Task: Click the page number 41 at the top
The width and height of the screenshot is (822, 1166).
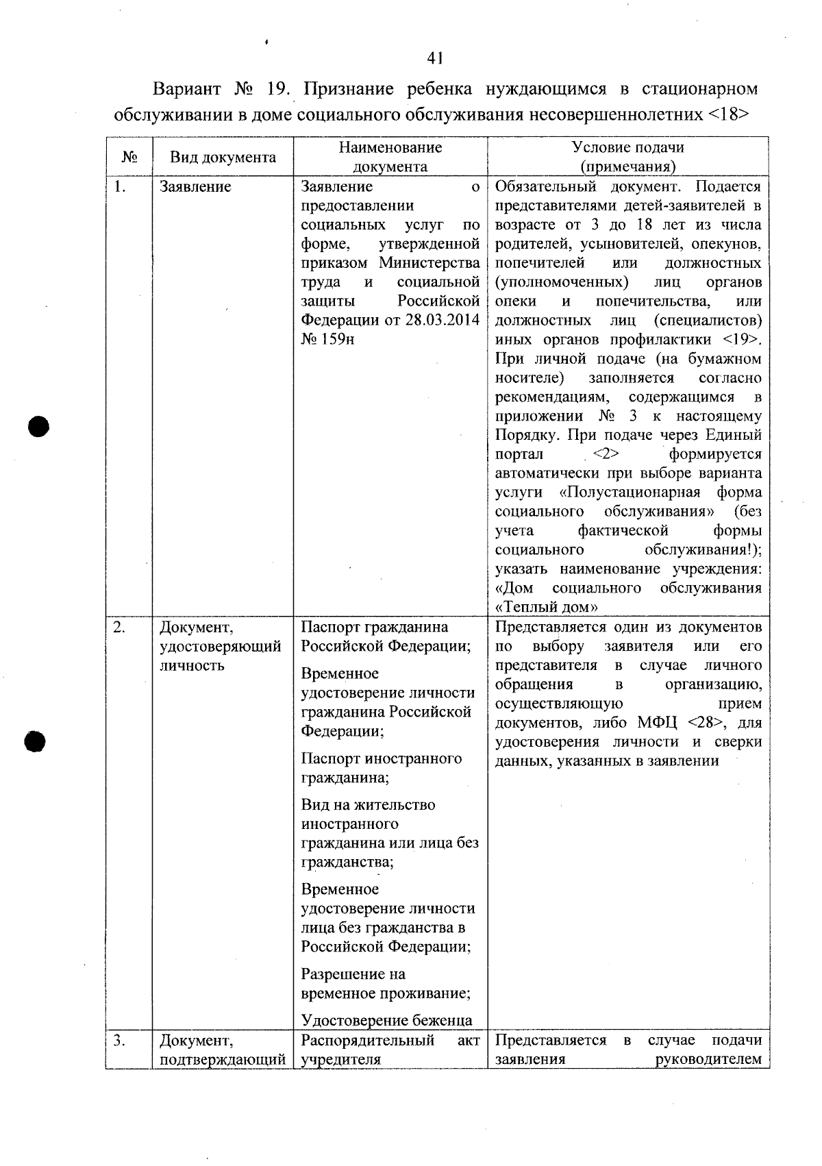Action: click(434, 59)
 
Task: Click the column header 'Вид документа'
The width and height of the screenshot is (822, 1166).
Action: click(223, 158)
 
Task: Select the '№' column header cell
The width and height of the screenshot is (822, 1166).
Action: click(129, 158)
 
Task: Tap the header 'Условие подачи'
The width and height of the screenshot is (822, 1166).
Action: click(627, 147)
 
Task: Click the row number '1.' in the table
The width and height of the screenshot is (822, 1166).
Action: click(119, 187)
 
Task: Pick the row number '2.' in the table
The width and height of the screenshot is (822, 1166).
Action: click(119, 627)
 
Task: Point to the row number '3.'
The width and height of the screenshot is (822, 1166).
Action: click(119, 1041)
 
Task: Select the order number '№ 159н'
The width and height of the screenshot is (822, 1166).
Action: click(327, 340)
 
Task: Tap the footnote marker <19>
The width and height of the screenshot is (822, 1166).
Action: click(742, 340)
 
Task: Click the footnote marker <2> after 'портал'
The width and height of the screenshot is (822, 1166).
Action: click(606, 454)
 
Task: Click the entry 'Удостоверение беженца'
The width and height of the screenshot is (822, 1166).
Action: click(386, 1021)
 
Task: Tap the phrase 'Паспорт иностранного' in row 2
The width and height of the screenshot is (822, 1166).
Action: click(381, 758)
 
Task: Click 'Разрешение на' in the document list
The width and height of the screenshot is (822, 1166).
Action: click(353, 974)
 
